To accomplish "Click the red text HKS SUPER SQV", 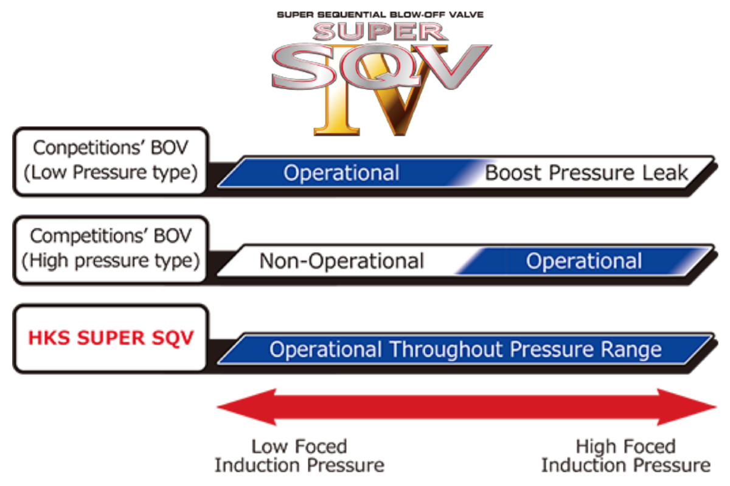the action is click(x=111, y=338).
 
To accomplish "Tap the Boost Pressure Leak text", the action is click(x=586, y=173).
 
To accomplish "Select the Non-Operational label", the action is click(x=341, y=261).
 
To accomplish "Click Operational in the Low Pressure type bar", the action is click(x=341, y=173).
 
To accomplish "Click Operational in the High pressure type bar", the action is click(x=583, y=261).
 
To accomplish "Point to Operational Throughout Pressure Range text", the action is click(x=465, y=349).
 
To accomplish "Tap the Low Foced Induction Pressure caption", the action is click(x=299, y=456).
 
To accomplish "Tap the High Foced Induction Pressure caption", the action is click(x=626, y=456).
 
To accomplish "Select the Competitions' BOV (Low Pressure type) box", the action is click(x=111, y=162).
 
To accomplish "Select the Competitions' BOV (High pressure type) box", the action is click(x=111, y=250).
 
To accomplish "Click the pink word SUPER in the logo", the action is click(x=380, y=32).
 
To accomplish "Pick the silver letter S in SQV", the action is click(x=303, y=67).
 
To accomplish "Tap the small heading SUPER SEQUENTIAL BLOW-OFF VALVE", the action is click(x=380, y=15).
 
